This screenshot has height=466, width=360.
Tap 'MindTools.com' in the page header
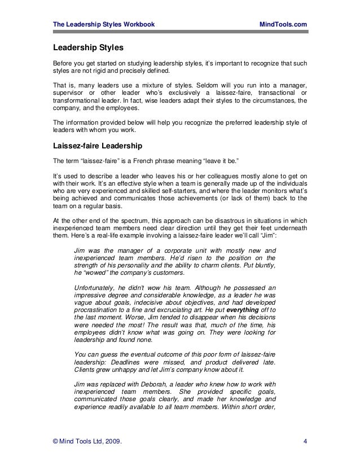coord(283,24)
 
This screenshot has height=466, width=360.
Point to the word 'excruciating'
coord(165,317)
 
